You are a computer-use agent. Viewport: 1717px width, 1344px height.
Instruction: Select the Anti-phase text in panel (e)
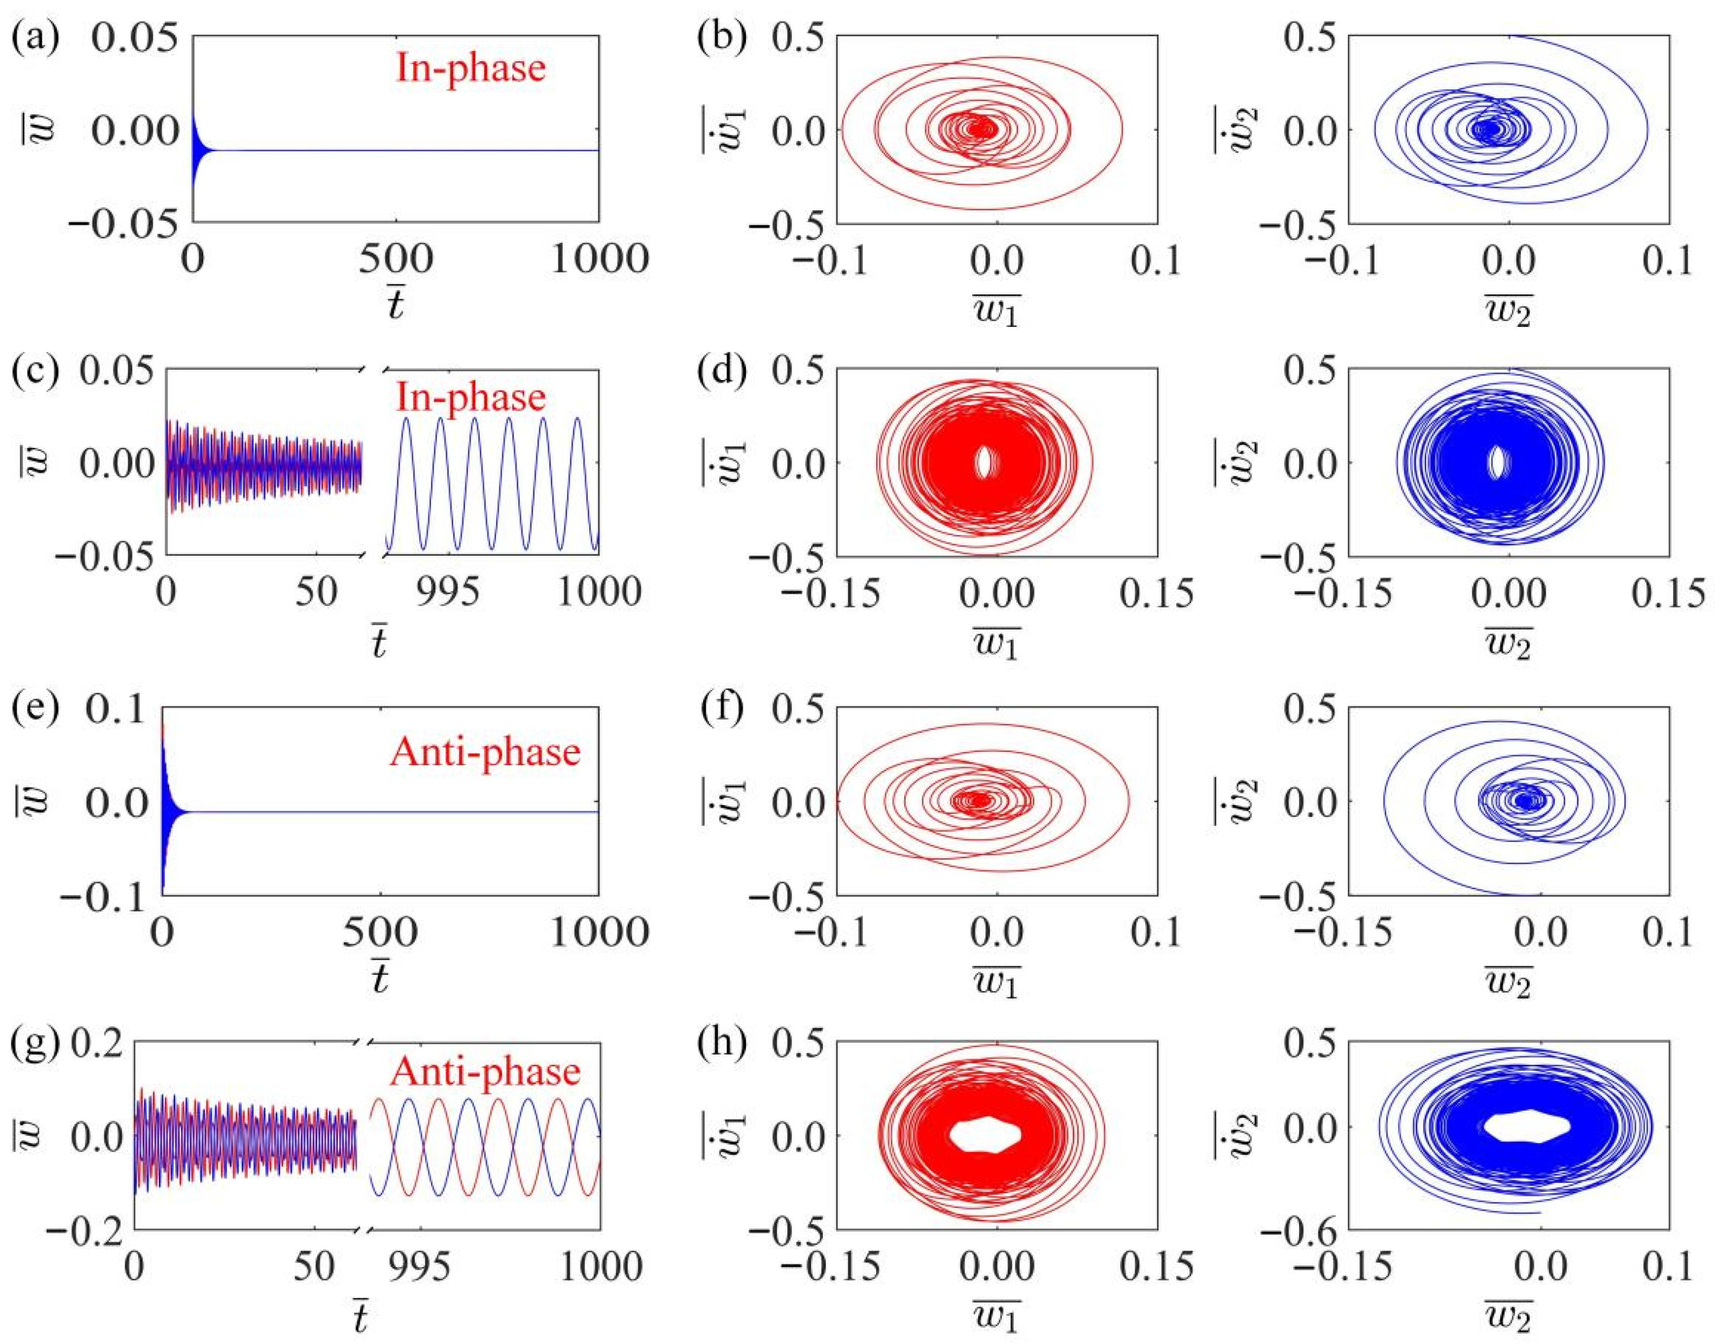[484, 751]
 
